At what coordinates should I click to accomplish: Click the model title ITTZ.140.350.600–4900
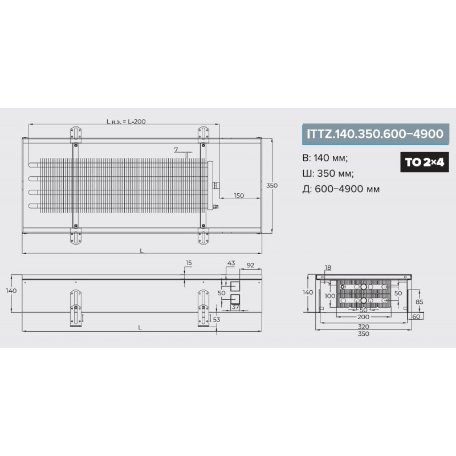coord(375,134)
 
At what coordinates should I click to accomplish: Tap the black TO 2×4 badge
coord(425,162)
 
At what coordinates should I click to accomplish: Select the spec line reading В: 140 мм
coord(325,158)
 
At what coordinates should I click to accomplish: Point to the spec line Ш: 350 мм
coord(328,173)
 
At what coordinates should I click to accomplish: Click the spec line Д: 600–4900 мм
coord(341,189)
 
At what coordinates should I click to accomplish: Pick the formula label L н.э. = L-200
coord(126,121)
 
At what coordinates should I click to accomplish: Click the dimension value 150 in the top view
coord(239,196)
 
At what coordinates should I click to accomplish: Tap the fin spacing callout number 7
coord(176,150)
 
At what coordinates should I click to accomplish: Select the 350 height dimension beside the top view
coord(272,185)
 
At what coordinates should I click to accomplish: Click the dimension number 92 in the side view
coord(250,265)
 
